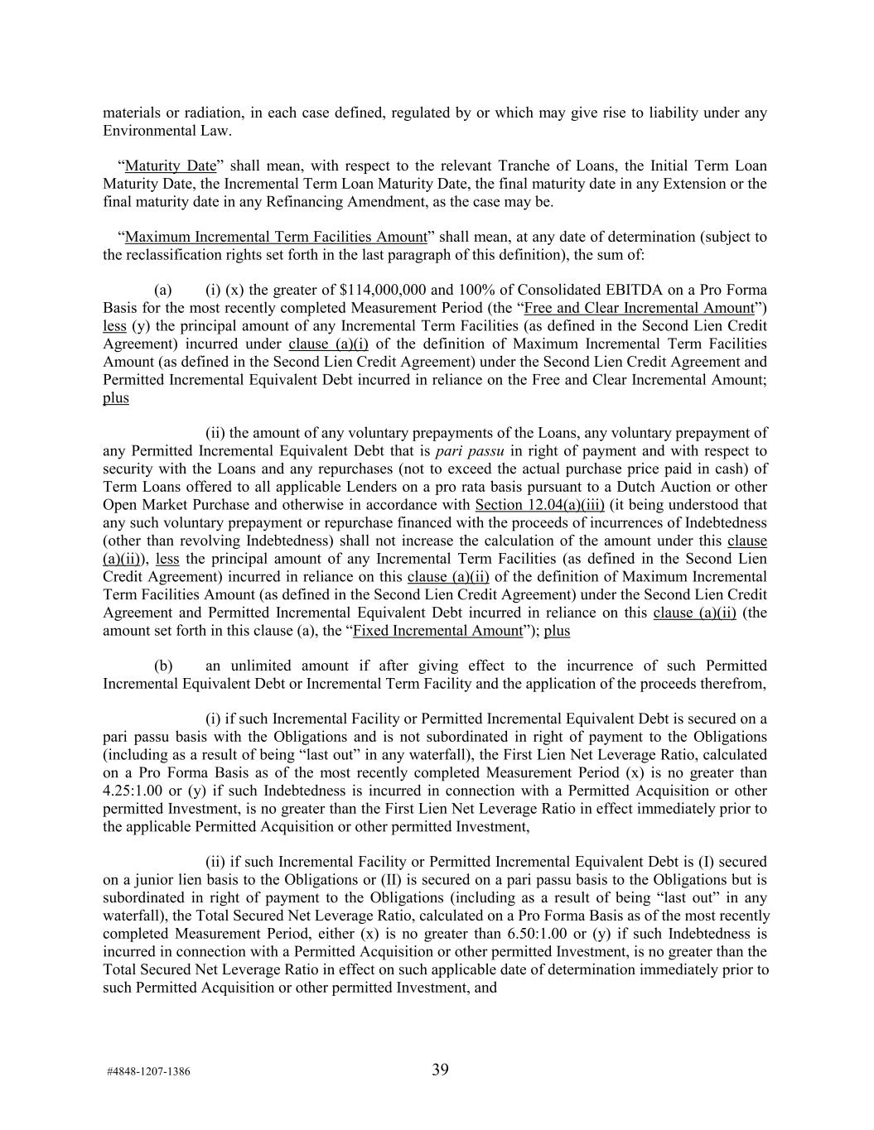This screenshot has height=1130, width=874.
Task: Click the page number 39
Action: [x=440, y=1070]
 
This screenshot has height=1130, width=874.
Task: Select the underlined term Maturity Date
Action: [x=171, y=166]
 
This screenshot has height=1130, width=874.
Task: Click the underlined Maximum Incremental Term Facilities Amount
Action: [x=275, y=237]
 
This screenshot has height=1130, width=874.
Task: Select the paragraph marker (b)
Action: [x=163, y=666]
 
